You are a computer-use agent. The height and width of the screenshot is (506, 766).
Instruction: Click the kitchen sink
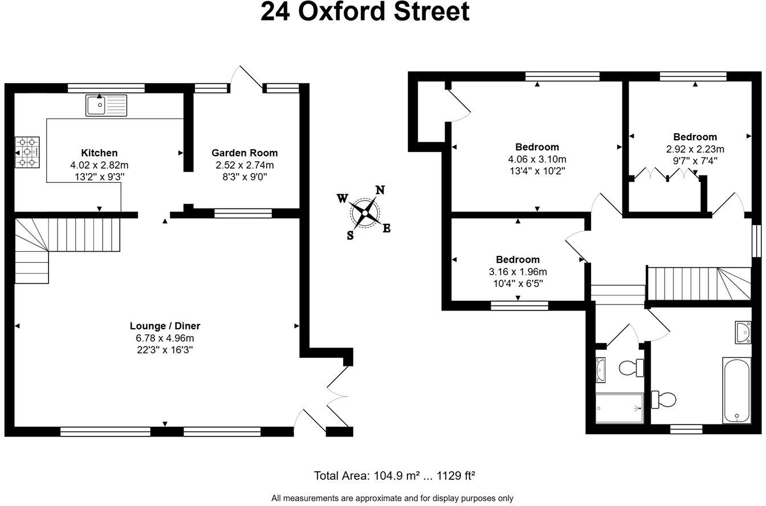[x=106, y=105]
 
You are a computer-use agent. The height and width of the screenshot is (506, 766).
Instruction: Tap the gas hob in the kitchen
[x=27, y=152]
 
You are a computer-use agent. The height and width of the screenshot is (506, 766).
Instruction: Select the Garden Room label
[x=245, y=153]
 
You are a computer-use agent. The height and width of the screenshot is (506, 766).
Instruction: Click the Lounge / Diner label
[x=165, y=326]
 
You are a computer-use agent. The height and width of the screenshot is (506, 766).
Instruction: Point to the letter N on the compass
[x=380, y=190]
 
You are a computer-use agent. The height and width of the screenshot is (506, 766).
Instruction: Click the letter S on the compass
[x=350, y=235]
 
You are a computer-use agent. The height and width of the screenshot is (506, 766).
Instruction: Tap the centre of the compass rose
[x=365, y=213]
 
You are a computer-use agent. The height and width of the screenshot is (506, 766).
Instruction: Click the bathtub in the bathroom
[x=736, y=390]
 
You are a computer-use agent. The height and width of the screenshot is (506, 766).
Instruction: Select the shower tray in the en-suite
[x=620, y=408]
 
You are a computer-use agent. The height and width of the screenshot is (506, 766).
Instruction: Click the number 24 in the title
[x=275, y=11]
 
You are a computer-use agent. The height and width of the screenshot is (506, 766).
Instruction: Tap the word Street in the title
[x=431, y=11]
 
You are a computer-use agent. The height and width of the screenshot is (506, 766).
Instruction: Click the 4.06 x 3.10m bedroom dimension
[x=537, y=160]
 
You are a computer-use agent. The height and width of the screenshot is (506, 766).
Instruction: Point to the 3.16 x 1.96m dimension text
[x=518, y=272]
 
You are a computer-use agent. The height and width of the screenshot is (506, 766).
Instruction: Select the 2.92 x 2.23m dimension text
[x=695, y=149]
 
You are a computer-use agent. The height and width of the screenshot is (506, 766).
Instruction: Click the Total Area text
[x=394, y=476]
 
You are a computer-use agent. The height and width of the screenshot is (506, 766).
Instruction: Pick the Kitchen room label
[x=99, y=153]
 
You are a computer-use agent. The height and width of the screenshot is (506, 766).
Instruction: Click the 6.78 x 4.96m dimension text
[x=165, y=338]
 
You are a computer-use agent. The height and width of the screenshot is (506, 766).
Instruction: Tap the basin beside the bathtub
[x=743, y=332]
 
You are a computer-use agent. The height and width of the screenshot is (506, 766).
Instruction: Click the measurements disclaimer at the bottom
[x=392, y=499]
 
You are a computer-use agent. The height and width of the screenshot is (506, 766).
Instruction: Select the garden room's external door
[x=246, y=77]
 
